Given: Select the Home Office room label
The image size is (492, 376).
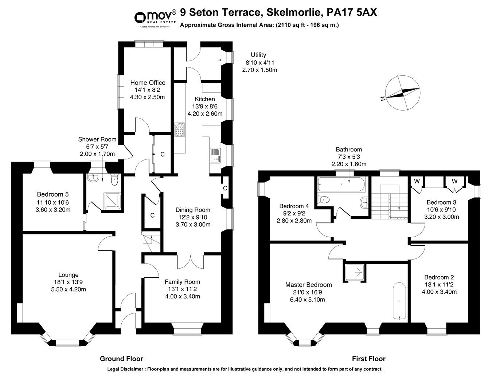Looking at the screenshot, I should click(x=148, y=83).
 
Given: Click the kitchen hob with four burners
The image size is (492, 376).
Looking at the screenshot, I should click(x=180, y=129).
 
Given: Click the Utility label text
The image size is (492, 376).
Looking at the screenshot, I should click(x=258, y=55).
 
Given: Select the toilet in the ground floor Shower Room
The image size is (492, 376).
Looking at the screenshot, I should click(x=114, y=179).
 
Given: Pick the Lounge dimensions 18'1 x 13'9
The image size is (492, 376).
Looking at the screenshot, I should click(x=69, y=282).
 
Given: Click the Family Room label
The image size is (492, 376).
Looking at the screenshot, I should click(x=182, y=282).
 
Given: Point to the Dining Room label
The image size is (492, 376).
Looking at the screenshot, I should click(x=193, y=210).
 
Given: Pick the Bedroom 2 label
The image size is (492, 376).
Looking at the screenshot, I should click(x=439, y=277).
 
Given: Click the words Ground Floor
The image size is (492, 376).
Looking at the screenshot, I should click(x=121, y=359).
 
